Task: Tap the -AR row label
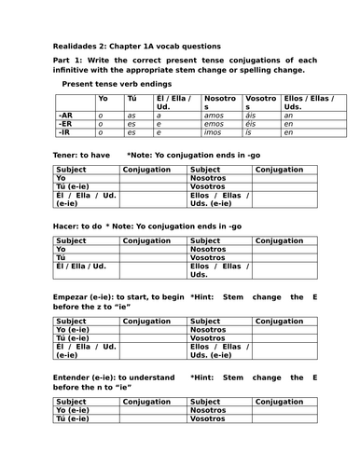coord(54,115)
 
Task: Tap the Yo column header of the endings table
coord(103,97)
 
